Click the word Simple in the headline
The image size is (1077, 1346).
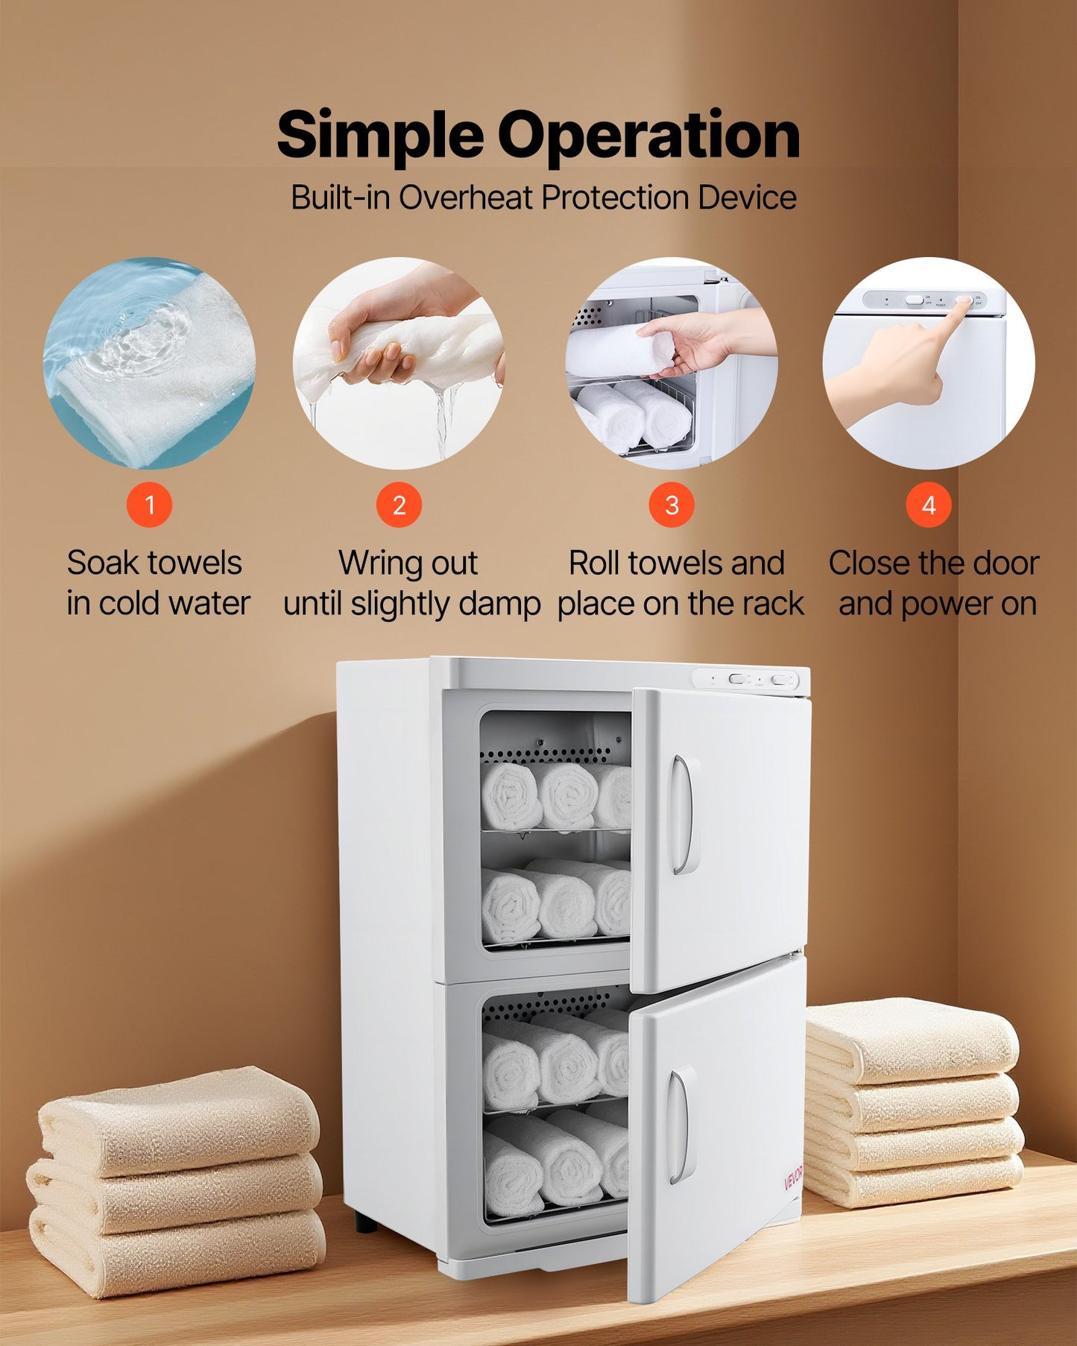(380, 136)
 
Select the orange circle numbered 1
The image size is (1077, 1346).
(149, 505)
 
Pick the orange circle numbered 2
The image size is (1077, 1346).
(399, 505)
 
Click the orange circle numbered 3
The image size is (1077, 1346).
(672, 505)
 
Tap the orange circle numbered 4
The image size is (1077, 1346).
(929, 505)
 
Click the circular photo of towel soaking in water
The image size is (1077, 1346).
(149, 363)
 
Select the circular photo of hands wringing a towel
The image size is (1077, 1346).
(399, 363)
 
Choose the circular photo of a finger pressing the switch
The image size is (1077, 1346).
(929, 363)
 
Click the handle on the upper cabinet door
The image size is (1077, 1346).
(680, 814)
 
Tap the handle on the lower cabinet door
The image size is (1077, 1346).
(677, 1125)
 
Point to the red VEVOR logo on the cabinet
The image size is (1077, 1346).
(793, 1178)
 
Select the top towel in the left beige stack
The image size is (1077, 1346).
(179, 1118)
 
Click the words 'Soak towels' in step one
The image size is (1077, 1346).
(154, 563)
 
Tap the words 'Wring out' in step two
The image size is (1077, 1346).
(408, 563)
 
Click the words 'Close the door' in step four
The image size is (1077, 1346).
(934, 563)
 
